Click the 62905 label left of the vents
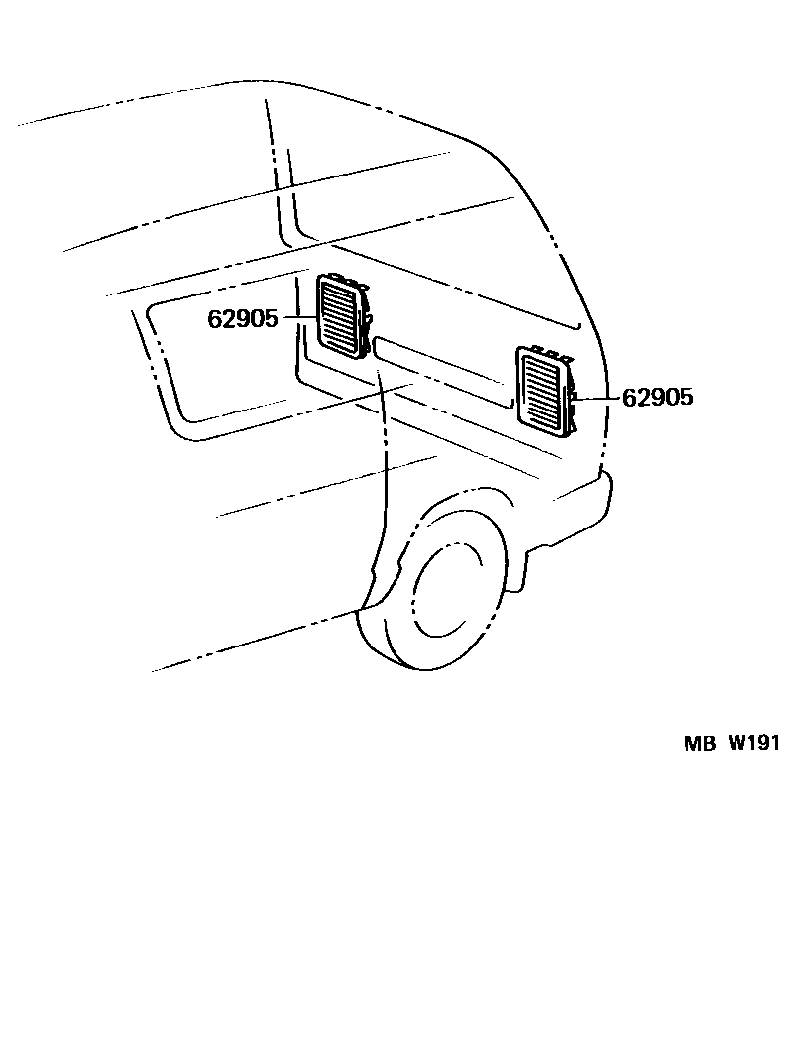[x=243, y=319]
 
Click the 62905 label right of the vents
[x=657, y=398]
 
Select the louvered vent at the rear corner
[x=542, y=390]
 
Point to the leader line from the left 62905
[x=298, y=318]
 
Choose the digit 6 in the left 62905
[x=214, y=319]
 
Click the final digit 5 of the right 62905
[x=686, y=398]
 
